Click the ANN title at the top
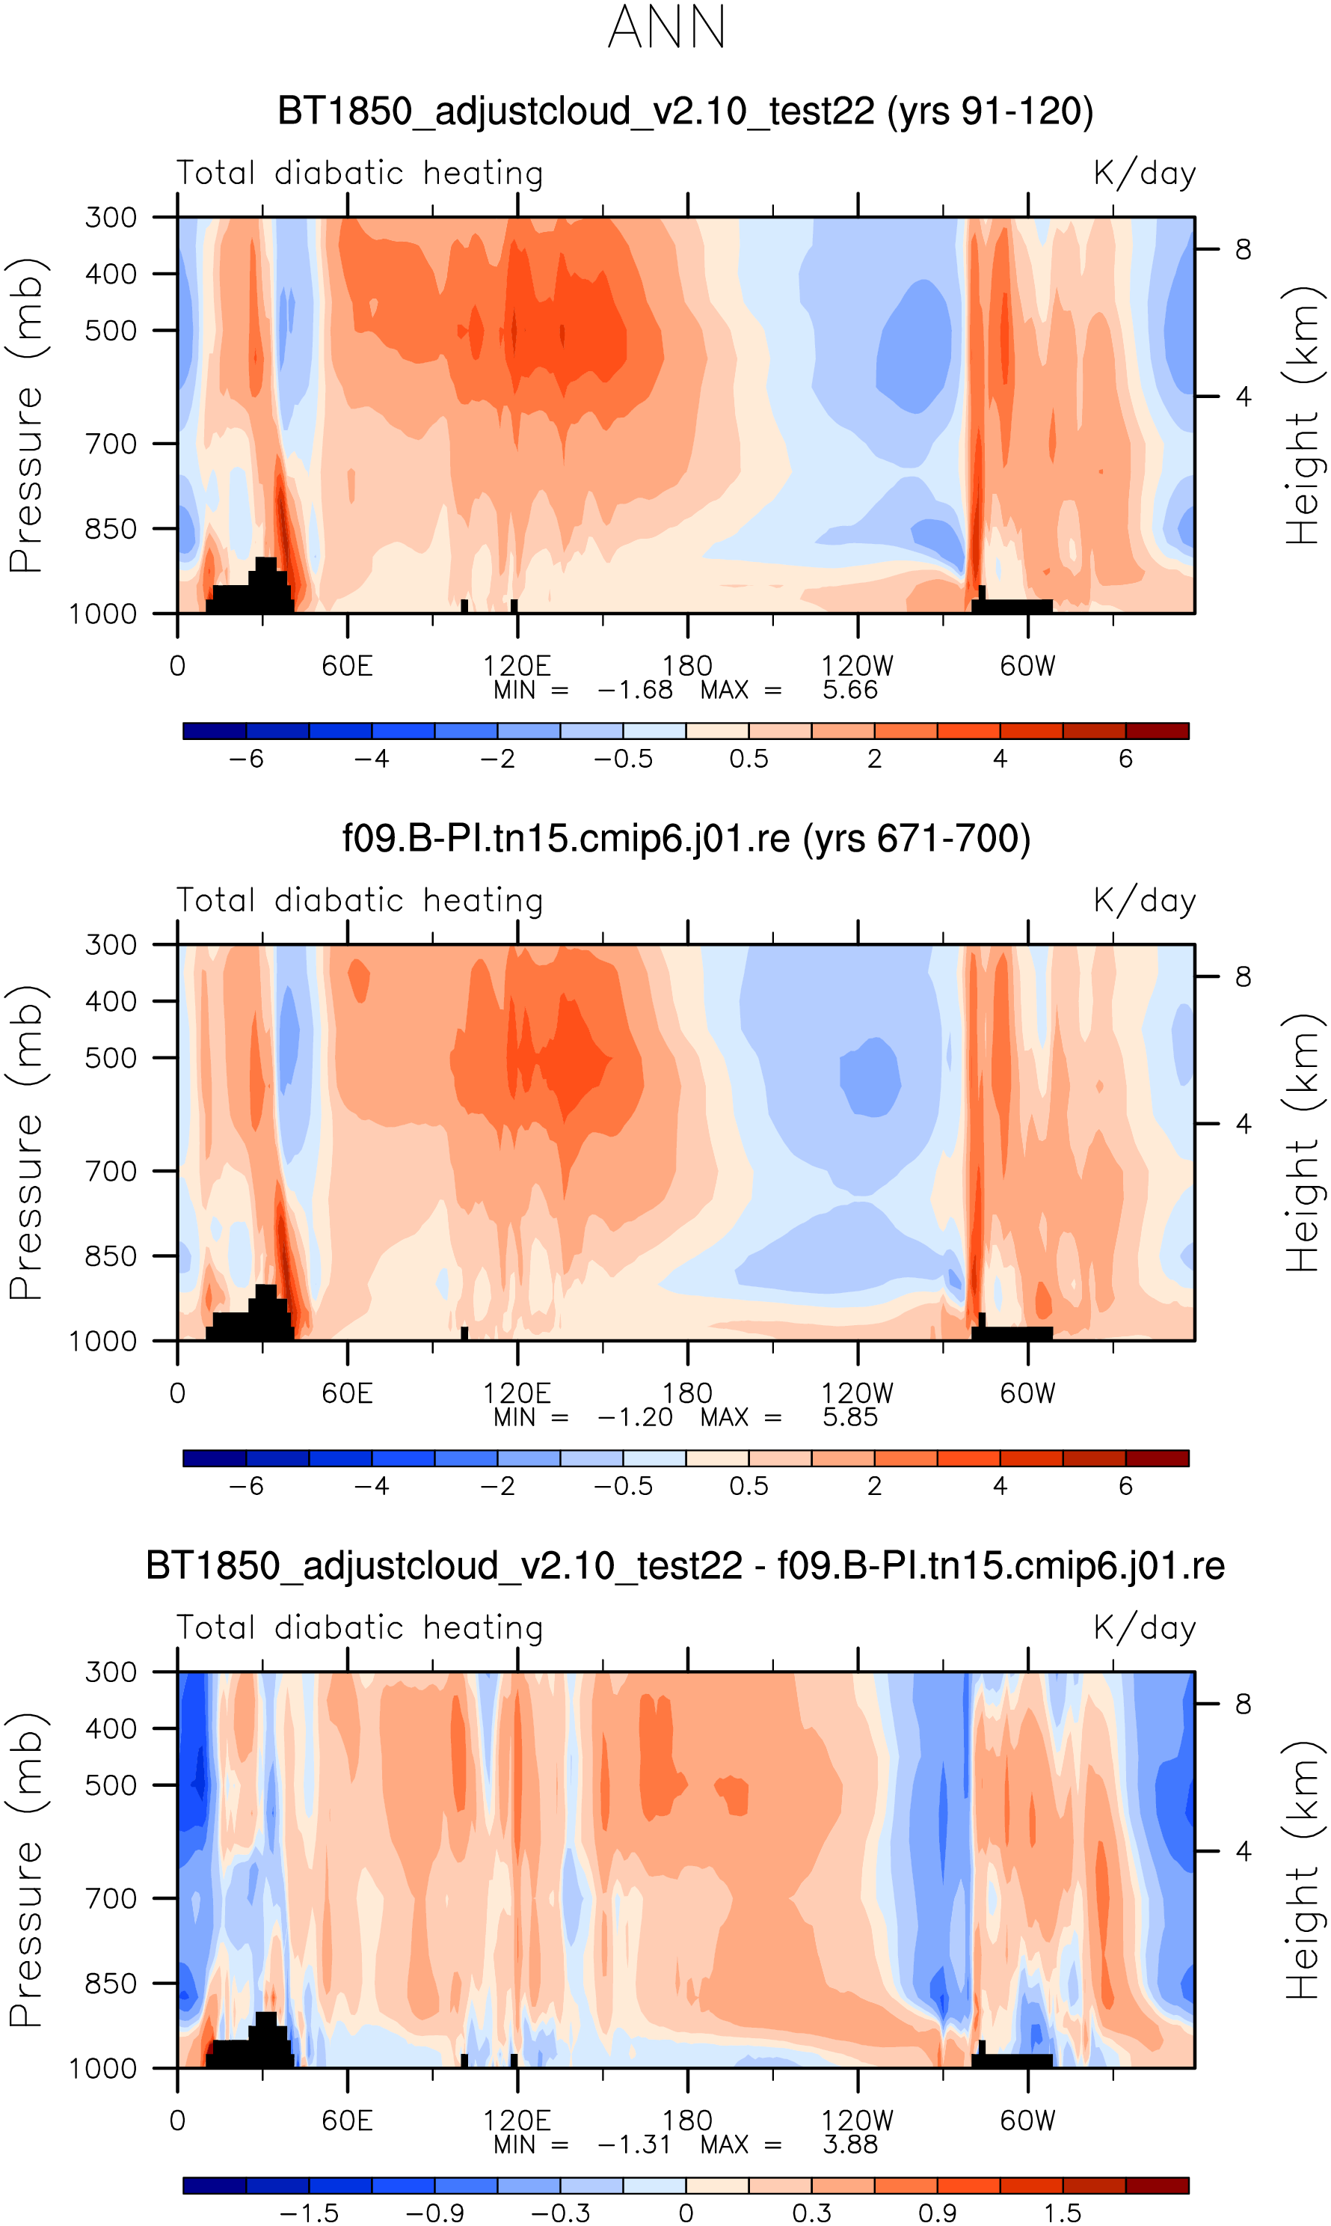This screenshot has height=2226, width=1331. [665, 28]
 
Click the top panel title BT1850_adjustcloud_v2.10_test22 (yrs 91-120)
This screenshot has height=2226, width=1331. [685, 111]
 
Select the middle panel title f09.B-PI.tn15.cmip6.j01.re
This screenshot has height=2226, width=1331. [686, 838]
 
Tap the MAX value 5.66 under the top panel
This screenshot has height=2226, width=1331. [849, 690]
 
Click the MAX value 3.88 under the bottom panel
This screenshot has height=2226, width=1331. [849, 2144]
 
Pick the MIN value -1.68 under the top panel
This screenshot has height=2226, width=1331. [634, 690]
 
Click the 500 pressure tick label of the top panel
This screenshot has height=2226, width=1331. [111, 330]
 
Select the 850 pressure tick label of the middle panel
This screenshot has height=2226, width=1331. [111, 1256]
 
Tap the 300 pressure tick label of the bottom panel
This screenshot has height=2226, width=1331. [111, 1672]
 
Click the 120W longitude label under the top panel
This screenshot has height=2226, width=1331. [858, 667]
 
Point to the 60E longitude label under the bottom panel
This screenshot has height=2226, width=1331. [347, 2121]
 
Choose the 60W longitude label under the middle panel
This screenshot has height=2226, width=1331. [1028, 1393]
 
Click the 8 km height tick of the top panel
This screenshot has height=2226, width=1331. [1243, 249]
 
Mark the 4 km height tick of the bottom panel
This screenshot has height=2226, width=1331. [1243, 1851]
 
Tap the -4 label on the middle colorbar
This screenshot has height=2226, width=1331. [372, 1487]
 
